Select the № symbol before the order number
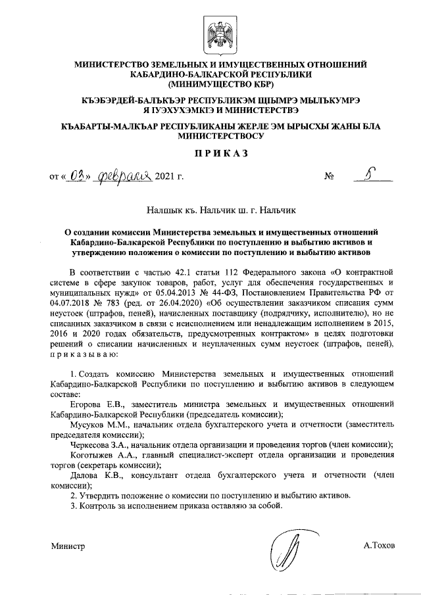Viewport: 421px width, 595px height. point(330,177)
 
